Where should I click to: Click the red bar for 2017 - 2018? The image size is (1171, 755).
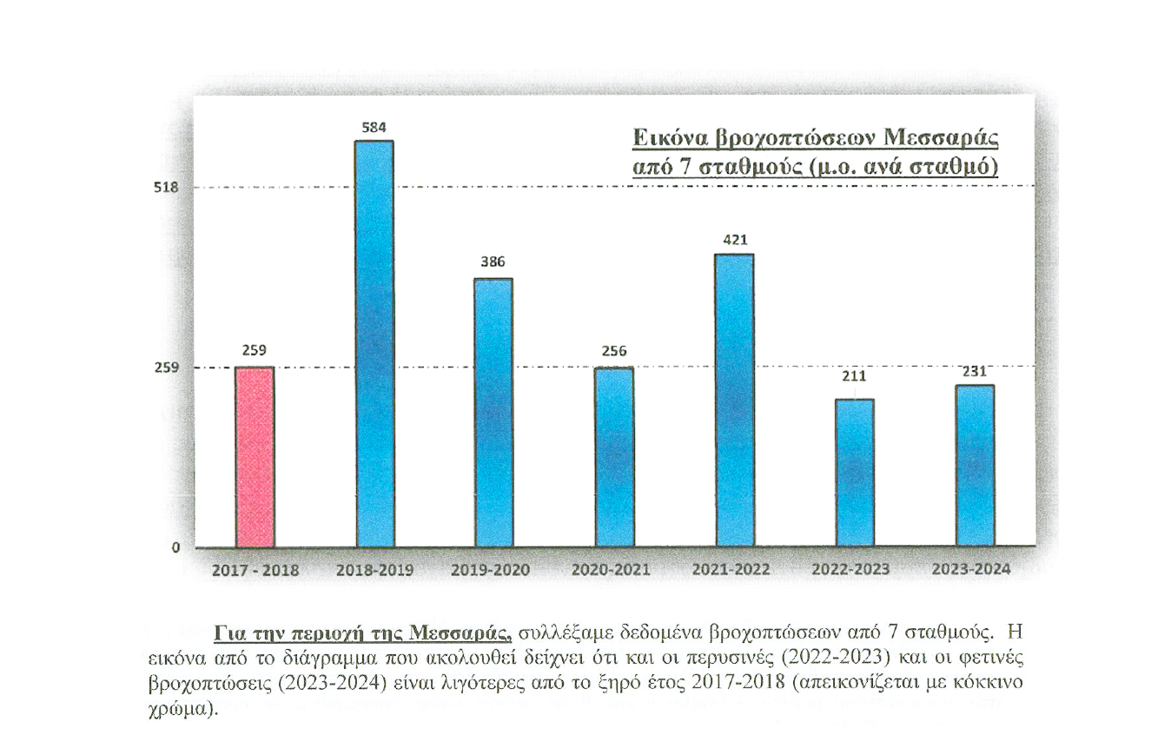point(255,457)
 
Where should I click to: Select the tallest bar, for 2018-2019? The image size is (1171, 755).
point(374,343)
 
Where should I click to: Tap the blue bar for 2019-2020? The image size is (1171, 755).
point(494,413)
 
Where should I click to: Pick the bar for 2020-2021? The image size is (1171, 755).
point(614,457)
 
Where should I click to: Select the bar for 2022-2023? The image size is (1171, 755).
point(854,473)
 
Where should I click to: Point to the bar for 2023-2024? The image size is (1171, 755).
point(974,466)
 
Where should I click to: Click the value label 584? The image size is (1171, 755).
point(374,128)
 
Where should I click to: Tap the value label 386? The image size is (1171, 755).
point(494,262)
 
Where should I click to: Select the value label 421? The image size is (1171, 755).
point(734,239)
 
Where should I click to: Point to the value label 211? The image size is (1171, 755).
point(854,378)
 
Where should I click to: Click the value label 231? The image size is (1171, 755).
point(974,371)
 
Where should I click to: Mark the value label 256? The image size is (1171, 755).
point(614,352)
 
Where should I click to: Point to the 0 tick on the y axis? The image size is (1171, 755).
point(176,548)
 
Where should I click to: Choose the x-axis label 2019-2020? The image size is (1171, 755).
point(491,570)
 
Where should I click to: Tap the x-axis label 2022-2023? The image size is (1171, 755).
point(850,570)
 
